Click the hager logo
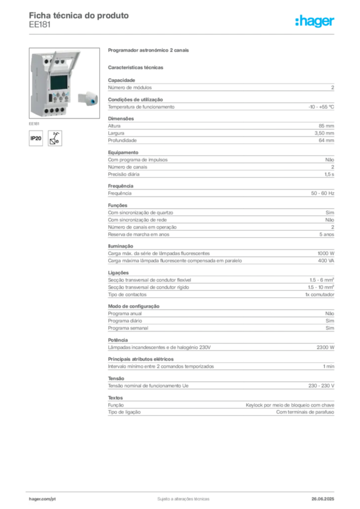pyautogui.click(x=315, y=21)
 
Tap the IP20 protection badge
pyautogui.click(x=36, y=138)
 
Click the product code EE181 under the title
pyautogui.click(x=40, y=25)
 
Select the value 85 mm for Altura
pyautogui.click(x=326, y=126)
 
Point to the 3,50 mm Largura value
pyautogui.click(x=324, y=133)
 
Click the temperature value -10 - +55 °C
pyautogui.click(x=321, y=107)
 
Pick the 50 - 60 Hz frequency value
pyautogui.click(x=322, y=193)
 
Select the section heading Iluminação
pyautogui.click(x=120, y=246)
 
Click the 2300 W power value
pyautogui.click(x=325, y=347)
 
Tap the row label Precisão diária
pyautogui.click(x=124, y=174)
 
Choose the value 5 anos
pyautogui.click(x=327, y=235)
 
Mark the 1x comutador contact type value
pyautogui.click(x=319, y=294)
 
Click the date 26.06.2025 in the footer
pyautogui.click(x=323, y=499)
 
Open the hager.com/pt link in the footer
pyautogui.click(x=42, y=499)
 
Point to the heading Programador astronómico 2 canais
pyautogui.click(x=148, y=50)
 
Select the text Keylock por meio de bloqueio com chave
pyautogui.click(x=290, y=405)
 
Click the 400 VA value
pyautogui.click(x=326, y=260)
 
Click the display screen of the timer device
pyautogui.click(x=59, y=83)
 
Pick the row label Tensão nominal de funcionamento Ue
pyautogui.click(x=148, y=386)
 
